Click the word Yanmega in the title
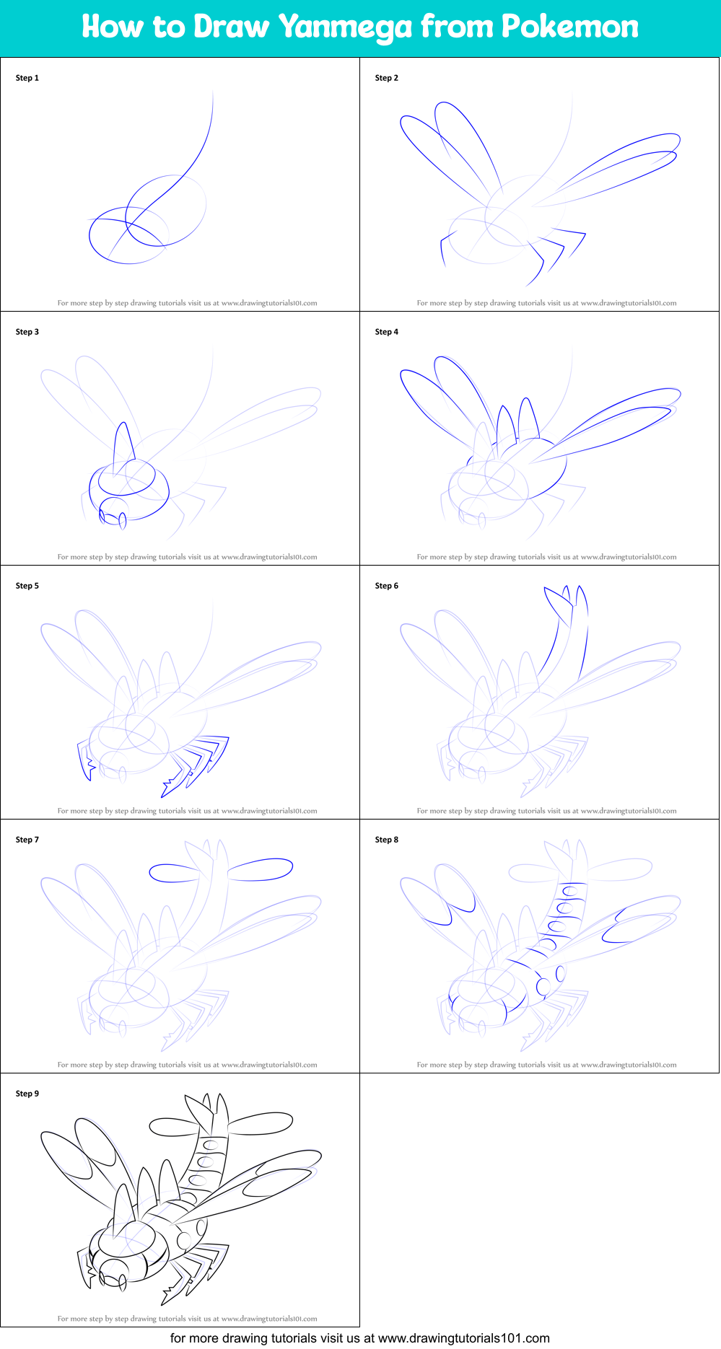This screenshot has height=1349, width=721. tap(345, 27)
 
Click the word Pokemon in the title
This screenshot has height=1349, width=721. tap(569, 27)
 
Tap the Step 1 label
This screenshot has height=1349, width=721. tap(27, 78)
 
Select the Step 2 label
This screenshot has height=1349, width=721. tap(386, 78)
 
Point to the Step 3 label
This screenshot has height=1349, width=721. tap(27, 332)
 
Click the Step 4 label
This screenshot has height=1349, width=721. tap(386, 332)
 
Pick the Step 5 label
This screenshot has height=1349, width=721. tap(27, 586)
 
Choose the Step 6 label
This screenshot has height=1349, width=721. tap(386, 586)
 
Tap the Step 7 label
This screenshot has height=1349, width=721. tap(27, 840)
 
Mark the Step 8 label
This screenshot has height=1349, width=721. tap(386, 840)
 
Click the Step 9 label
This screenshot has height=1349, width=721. tap(27, 1094)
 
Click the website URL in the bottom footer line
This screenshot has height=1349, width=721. tap(463, 1338)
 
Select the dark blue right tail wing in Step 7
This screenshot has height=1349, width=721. tap(261, 869)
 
